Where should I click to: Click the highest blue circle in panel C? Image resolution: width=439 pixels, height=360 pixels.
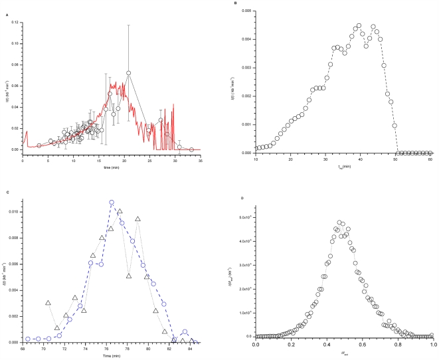tap(112, 202)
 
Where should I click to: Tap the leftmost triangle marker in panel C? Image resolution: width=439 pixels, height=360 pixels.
tap(48, 303)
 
